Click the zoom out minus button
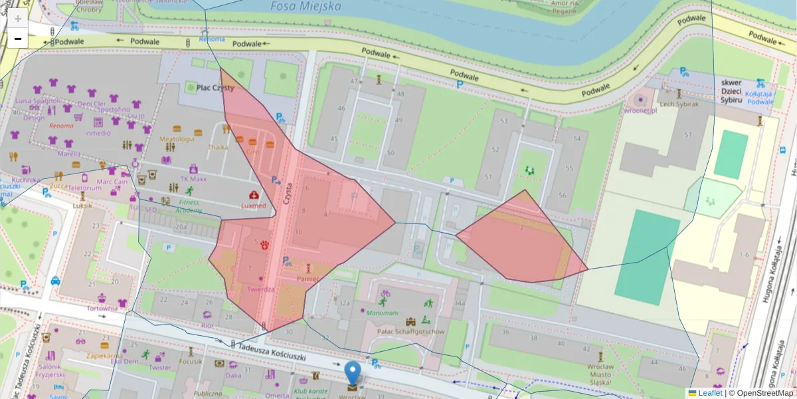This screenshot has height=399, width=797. tap(18, 39)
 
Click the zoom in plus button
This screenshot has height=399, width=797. tap(18, 19)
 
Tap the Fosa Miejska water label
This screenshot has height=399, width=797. tap(306, 7)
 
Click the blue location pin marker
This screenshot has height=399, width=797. tap(353, 374)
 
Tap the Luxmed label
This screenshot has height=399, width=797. tap(254, 205)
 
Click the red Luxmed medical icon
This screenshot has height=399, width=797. tap(254, 195)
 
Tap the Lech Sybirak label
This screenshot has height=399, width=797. tap(678, 104)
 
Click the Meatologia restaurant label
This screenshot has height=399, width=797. tap(177, 139)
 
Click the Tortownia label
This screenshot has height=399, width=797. tap(102, 308)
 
